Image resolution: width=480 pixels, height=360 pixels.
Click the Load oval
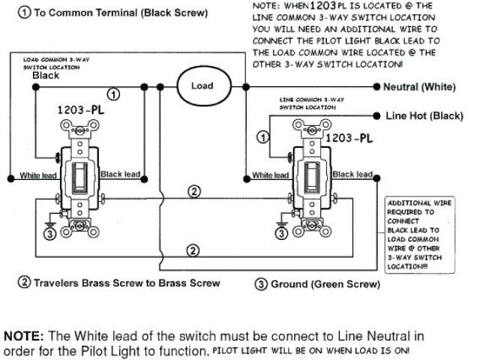pos(202,86)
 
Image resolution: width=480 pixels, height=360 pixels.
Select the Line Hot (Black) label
pos(424,116)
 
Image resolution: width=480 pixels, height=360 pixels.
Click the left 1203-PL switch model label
pos(81,109)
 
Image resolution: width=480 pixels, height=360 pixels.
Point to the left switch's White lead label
pos(40,175)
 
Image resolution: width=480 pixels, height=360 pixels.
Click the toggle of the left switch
pos(79,178)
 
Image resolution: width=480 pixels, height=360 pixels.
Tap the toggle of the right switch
pos(310,178)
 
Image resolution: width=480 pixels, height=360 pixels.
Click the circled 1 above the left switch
pos(113,94)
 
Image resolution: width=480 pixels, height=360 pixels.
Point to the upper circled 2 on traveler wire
pos(193,191)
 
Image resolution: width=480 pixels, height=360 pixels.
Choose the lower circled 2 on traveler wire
pos(193,250)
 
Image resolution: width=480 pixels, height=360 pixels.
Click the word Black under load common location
pos(46,76)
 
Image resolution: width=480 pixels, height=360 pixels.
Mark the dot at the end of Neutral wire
pos(376,87)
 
